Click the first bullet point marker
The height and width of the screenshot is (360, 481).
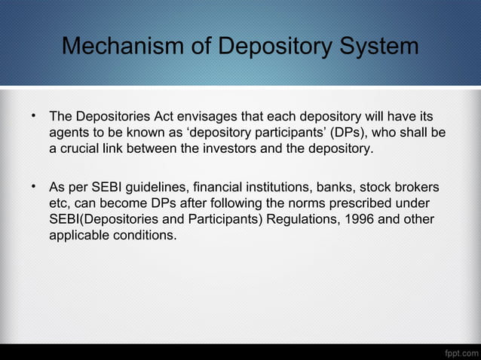coord(34,117)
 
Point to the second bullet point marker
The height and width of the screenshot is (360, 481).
coord(34,185)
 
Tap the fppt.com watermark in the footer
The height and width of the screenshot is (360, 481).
coord(459,352)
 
